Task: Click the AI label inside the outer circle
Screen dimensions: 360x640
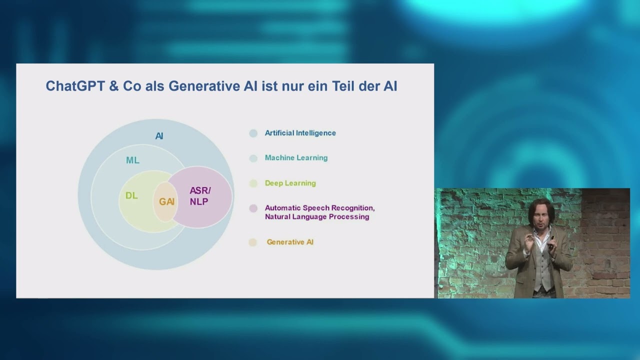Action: [x=159, y=136]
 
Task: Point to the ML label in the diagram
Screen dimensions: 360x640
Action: [x=132, y=160]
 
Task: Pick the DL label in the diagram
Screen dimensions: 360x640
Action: [x=131, y=195]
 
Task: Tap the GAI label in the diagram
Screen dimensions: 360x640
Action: [x=166, y=202]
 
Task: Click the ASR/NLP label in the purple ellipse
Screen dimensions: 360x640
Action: [x=199, y=196]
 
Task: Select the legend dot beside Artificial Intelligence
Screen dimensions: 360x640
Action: [x=253, y=133]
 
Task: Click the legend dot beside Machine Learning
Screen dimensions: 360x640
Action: [x=253, y=158]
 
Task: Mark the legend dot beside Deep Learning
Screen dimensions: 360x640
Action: [x=253, y=183]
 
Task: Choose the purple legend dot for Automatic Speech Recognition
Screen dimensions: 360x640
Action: [x=253, y=208]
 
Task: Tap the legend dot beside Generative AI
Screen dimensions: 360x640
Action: [x=253, y=242]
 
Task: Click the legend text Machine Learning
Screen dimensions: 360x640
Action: [x=296, y=158]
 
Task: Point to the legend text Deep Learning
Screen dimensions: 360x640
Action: [x=290, y=183]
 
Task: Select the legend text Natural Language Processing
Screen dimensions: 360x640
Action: [x=316, y=217]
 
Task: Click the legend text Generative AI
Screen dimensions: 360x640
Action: [x=290, y=242]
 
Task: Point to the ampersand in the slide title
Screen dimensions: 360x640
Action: [x=113, y=86]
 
